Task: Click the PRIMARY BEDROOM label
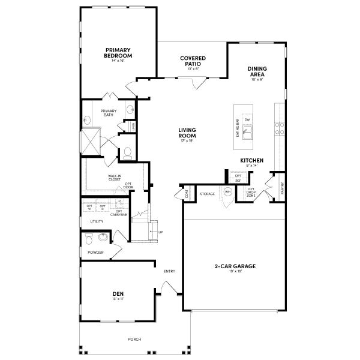click(118, 53)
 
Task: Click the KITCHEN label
click(252, 161)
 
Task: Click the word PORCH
click(134, 340)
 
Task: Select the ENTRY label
click(170, 272)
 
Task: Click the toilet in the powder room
click(89, 240)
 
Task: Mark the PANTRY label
click(282, 190)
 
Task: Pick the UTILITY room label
click(97, 221)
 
